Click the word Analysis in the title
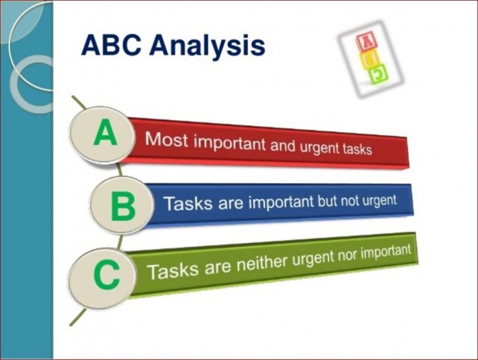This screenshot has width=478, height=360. click(207, 46)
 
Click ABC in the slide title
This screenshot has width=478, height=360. click(111, 45)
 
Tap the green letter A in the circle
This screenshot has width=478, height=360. click(105, 132)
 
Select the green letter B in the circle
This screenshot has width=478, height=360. click(123, 207)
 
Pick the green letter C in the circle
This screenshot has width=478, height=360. click(106, 275)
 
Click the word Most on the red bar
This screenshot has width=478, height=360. click(166, 139)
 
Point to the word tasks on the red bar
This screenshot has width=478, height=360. click(357, 149)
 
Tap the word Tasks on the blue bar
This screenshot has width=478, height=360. click(187, 203)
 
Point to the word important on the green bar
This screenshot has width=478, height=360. click(386, 251)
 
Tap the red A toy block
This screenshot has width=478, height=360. click(366, 42)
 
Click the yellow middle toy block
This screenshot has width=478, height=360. click(370, 59)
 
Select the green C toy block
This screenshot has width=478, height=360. click(379, 74)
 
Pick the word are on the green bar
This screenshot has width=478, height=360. click(218, 267)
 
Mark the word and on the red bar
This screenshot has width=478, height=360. click(282, 146)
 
